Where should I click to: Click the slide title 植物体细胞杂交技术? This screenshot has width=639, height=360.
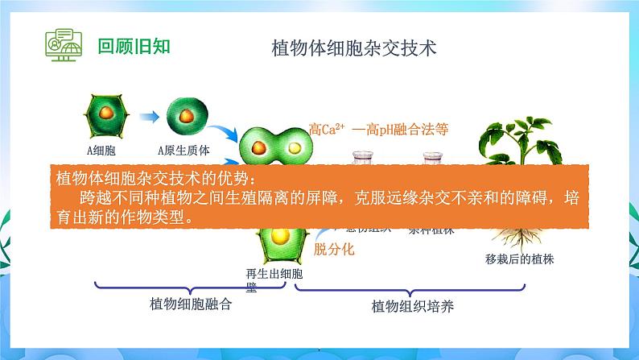point(355,48)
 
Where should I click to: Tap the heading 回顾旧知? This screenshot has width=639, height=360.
point(134,46)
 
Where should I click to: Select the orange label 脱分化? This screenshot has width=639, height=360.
point(333,250)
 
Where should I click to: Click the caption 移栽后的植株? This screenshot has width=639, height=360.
point(520,259)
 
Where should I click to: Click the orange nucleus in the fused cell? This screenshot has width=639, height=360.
point(259,149)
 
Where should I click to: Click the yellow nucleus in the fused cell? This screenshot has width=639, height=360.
point(295,148)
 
